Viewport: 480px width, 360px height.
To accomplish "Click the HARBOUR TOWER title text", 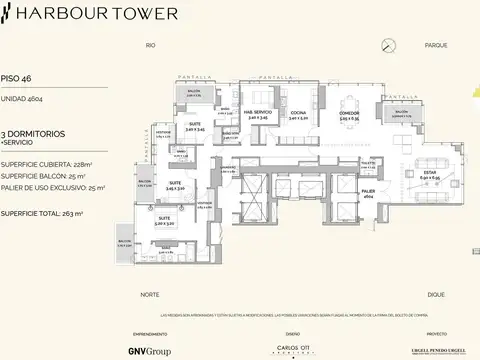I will point(98,14).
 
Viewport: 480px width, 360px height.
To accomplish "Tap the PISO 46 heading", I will point(17,76).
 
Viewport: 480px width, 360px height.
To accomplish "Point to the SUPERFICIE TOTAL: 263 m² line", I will point(42,213).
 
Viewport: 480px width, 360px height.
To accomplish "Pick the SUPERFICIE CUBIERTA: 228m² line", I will point(46,163).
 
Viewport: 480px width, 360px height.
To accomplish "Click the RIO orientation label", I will point(150,46).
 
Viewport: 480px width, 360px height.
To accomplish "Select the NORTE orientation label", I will point(150,295).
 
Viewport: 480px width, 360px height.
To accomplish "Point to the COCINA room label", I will point(299,112).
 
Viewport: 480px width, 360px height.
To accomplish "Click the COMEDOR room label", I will point(348,114).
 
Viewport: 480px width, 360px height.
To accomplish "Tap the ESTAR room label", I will point(400,173).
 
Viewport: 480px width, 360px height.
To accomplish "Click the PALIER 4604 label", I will point(368,192).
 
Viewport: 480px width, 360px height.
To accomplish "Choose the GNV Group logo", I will point(150,350).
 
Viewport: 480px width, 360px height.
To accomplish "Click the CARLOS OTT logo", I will point(292,349).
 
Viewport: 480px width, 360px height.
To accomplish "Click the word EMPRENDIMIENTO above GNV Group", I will point(150,334).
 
